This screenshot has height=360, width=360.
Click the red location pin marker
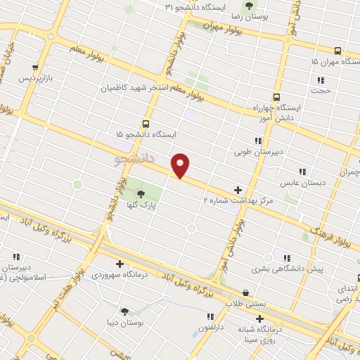tap(181, 165)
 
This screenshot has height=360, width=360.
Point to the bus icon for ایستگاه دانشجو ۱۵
tap(146, 123)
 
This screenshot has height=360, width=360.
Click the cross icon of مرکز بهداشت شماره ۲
tap(238, 190)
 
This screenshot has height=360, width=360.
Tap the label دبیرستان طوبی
tap(257, 151)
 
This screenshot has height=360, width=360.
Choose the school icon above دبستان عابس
tap(302, 172)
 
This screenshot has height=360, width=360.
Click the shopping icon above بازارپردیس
tap(34, 67)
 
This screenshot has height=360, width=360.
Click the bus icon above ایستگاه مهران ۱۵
tap(337, 51)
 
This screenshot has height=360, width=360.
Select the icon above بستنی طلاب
tap(245, 292)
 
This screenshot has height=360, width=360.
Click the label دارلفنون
tap(210, 327)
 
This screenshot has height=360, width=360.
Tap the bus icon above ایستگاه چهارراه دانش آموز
tap(276, 98)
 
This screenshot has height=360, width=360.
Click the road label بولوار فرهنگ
tap(329, 236)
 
